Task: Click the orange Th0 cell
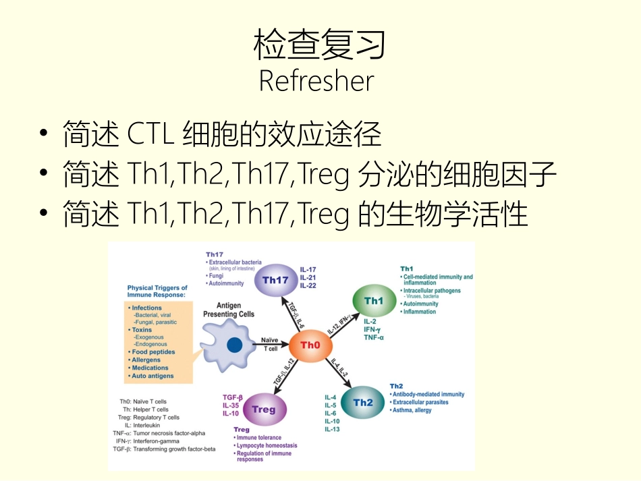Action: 310,345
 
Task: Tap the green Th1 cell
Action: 373,301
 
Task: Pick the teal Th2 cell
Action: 362,403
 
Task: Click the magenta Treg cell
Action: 263,409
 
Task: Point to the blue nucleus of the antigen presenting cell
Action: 234,345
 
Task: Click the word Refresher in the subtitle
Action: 316,81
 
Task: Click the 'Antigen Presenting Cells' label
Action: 229,310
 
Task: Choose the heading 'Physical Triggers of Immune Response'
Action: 157,291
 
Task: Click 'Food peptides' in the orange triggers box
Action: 154,352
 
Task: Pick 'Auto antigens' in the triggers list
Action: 152,376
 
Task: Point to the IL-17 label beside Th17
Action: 308,269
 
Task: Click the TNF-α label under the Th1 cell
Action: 374,337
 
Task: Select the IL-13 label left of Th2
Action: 333,429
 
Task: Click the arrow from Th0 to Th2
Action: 340,375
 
